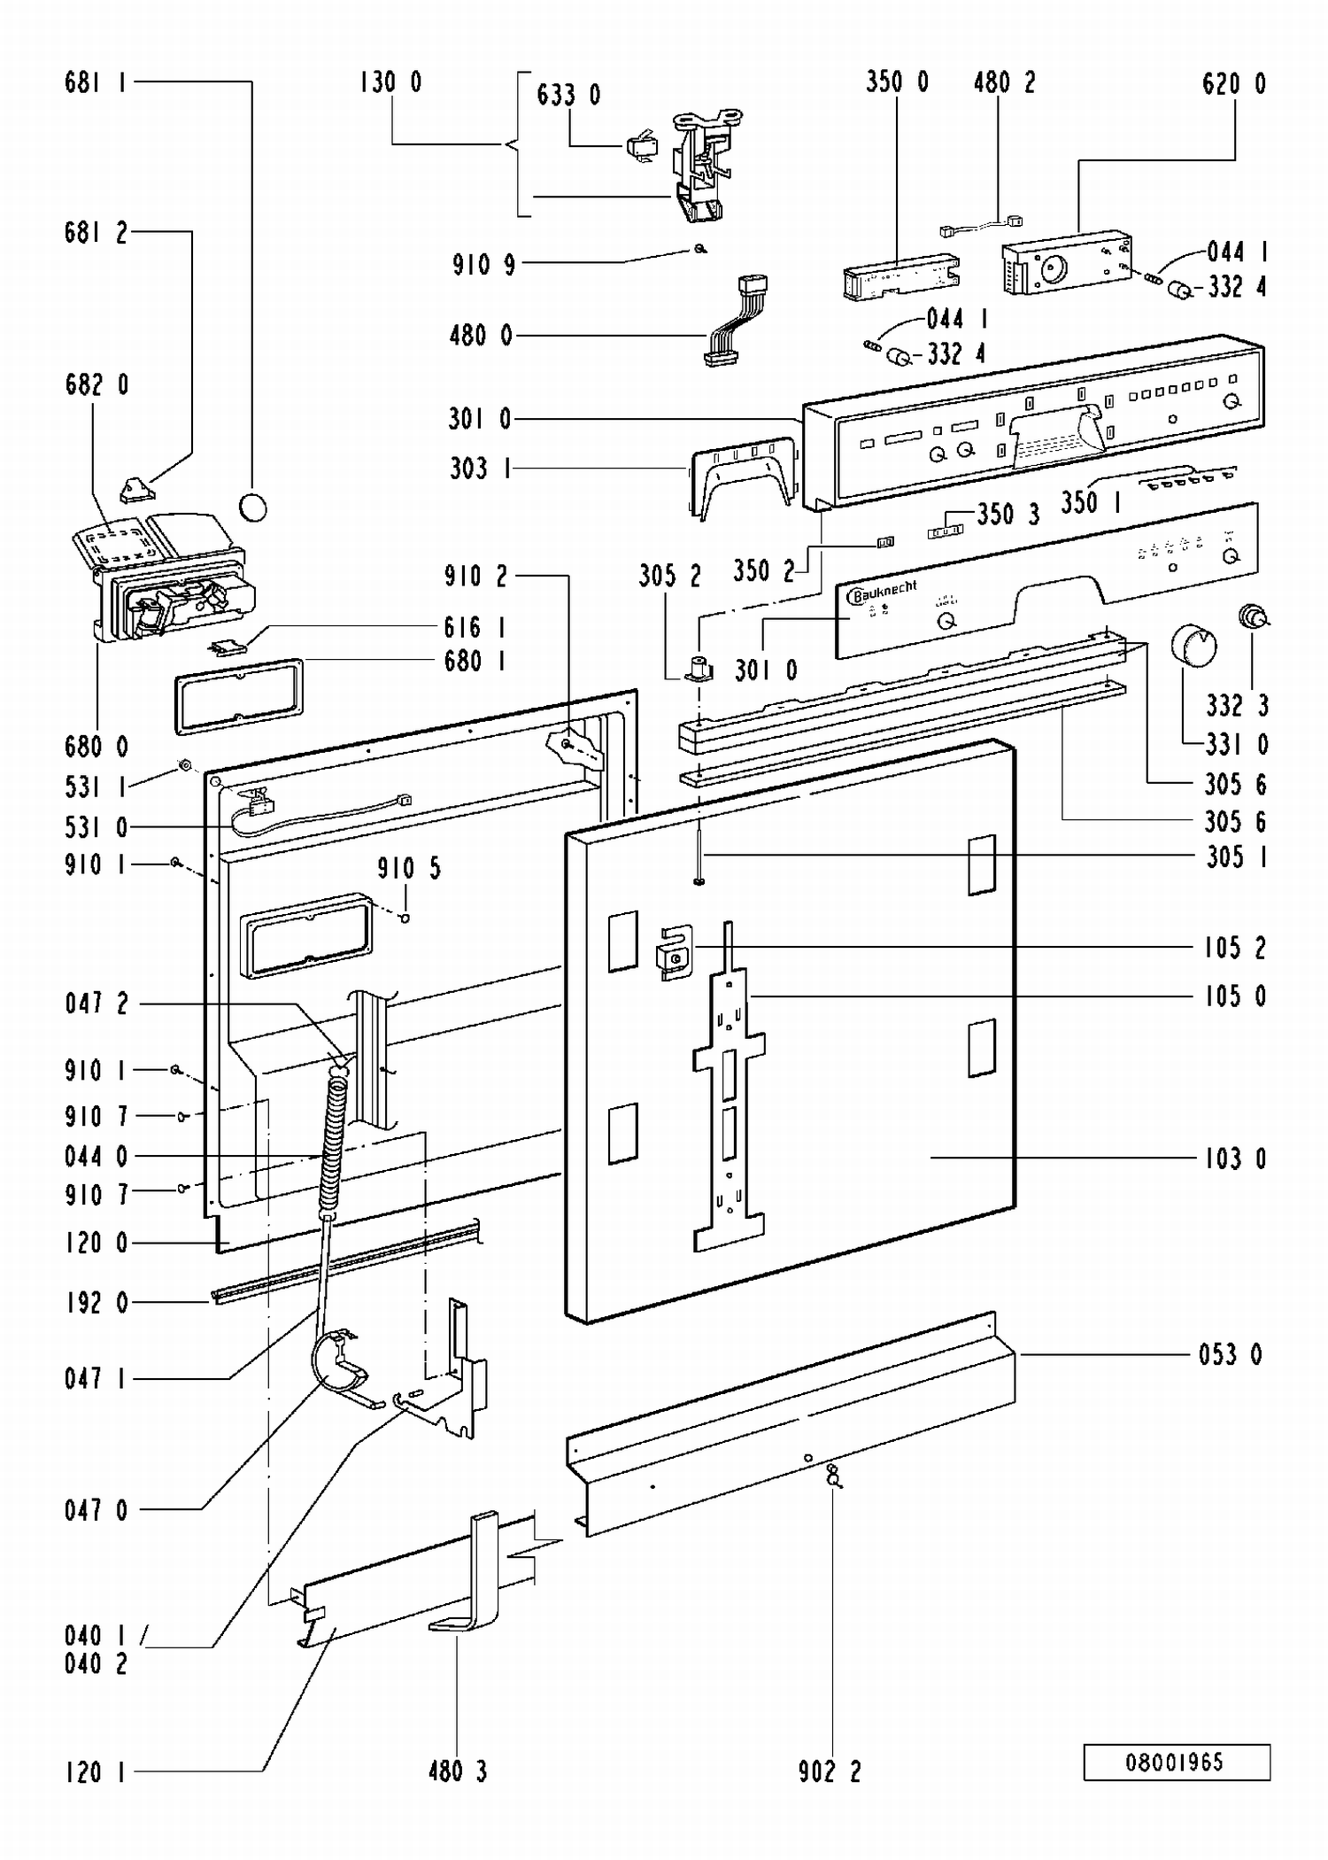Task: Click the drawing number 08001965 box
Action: click(1177, 1762)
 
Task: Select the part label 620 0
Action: click(1234, 84)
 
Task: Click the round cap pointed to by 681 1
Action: click(252, 507)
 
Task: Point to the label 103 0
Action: click(1235, 1159)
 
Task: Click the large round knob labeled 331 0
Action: click(1193, 644)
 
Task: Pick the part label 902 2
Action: click(830, 1771)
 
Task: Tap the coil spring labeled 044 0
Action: click(333, 1143)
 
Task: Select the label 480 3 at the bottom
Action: click(458, 1771)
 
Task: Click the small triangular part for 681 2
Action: click(135, 488)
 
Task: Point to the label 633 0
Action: click(568, 95)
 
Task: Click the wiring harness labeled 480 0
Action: click(735, 321)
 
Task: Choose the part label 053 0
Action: click(1231, 1354)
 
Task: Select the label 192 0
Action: click(97, 1303)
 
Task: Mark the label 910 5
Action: click(409, 868)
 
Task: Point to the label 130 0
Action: click(390, 82)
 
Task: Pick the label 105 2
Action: click(1235, 948)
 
